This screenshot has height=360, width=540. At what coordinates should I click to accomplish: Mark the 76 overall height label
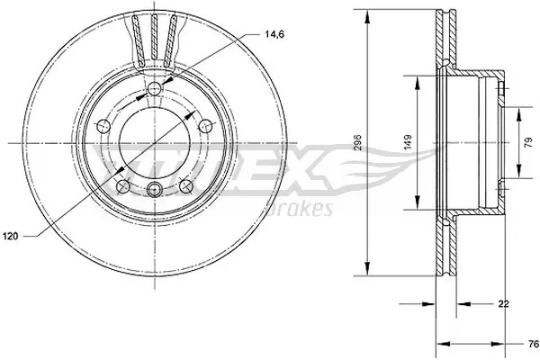[531, 343]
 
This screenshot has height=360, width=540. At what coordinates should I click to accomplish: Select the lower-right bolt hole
[187, 185]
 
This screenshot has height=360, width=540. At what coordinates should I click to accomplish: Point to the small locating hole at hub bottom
[154, 189]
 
